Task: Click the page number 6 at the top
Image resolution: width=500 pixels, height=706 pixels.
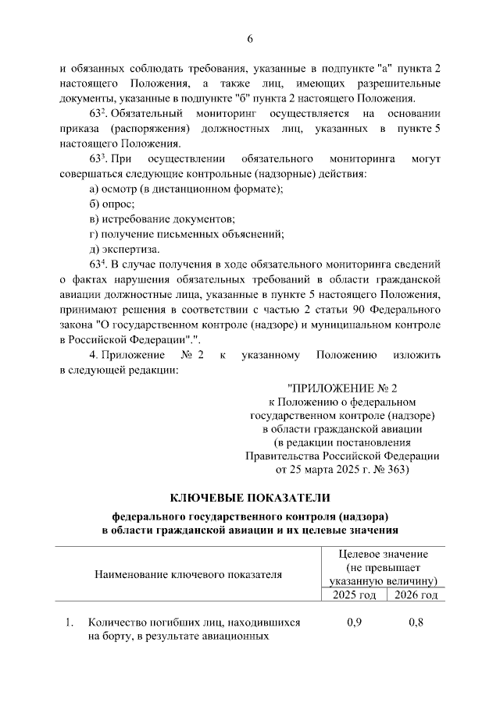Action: [250, 39]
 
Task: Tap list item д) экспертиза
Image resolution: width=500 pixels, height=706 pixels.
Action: [124, 250]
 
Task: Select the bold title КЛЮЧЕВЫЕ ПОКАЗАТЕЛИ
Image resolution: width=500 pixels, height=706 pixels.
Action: [250, 498]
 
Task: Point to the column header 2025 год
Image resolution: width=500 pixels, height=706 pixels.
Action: [353, 595]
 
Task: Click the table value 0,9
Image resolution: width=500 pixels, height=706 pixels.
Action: [353, 623]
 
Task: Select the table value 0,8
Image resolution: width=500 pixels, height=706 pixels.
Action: [417, 623]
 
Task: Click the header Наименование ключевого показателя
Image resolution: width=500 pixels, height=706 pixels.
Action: [187, 575]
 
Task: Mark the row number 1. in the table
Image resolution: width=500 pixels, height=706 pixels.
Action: [70, 623]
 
